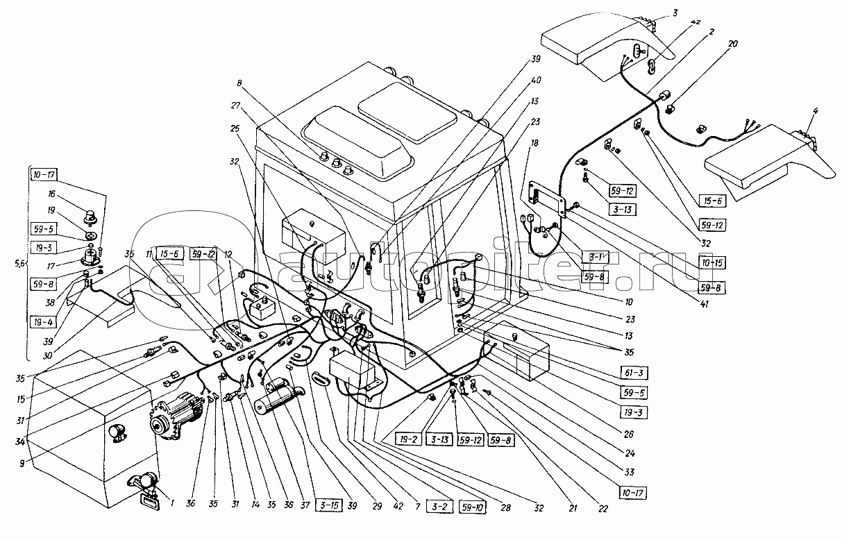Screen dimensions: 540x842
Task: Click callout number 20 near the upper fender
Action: tap(709, 43)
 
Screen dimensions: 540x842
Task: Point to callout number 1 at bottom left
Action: tap(171, 504)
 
